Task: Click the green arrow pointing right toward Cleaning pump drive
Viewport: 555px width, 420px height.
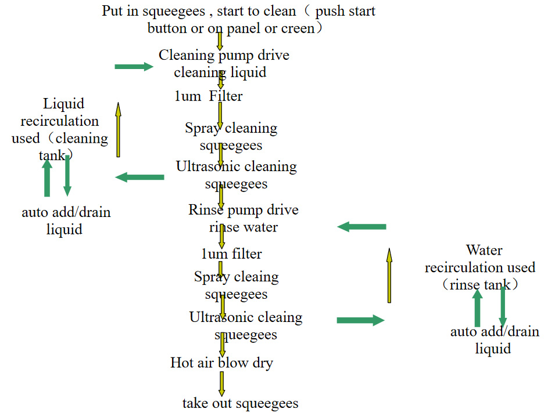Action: tap(134, 67)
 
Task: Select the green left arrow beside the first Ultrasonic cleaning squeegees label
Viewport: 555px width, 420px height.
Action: tap(139, 177)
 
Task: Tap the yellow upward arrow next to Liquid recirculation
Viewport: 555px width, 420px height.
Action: tap(118, 130)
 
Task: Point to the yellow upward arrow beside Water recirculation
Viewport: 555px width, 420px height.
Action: tap(389, 275)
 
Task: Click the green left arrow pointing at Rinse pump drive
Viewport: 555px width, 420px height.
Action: tap(361, 227)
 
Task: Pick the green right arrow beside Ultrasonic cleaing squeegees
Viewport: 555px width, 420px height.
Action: tap(360, 320)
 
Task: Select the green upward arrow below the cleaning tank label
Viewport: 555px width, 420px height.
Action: tap(47, 178)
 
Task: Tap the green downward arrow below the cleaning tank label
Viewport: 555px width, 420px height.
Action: tap(67, 175)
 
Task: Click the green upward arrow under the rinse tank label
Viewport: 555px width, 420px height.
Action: tap(477, 307)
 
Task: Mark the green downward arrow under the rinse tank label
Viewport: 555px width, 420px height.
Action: tap(503, 306)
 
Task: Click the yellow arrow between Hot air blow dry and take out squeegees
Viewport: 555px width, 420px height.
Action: tap(222, 383)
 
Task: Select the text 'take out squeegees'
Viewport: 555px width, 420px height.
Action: tap(240, 403)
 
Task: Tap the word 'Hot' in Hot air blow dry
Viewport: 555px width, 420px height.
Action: tap(181, 363)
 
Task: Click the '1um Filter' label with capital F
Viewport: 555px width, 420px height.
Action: tap(209, 96)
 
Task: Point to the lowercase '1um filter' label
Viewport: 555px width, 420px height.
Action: tap(231, 254)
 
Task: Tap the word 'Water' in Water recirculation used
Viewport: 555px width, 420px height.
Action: tap(484, 251)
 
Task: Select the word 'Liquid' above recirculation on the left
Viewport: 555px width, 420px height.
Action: tap(64, 104)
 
